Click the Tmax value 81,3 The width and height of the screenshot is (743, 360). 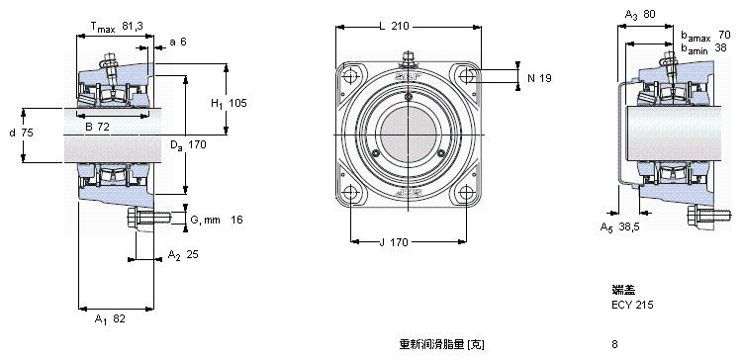tap(133, 26)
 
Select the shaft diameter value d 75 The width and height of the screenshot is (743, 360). tap(22, 134)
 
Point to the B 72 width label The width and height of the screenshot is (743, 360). tap(97, 127)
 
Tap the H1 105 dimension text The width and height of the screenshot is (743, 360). tap(229, 103)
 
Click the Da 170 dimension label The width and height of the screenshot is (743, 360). tap(189, 145)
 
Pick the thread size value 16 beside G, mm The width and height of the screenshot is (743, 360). tap(236, 220)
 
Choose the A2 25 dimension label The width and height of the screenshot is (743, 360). tap(183, 255)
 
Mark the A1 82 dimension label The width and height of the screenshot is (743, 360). tap(110, 319)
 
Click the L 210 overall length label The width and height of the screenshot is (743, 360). tap(394, 26)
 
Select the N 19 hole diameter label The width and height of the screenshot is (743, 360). tap(539, 78)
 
